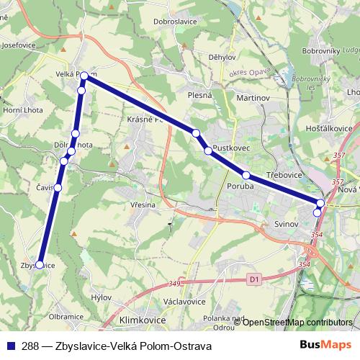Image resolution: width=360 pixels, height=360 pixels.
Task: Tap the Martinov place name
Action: (x=251, y=96)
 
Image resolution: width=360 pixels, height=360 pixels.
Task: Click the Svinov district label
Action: (x=287, y=225)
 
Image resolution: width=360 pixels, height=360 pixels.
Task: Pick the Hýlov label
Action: (x=102, y=297)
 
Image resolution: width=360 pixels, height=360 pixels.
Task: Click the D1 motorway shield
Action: (x=253, y=277)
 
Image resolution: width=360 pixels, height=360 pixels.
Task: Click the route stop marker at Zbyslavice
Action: (x=39, y=265)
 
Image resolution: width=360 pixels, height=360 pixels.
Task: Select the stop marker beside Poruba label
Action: (x=246, y=175)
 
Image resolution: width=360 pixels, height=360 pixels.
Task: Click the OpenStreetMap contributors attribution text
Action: (x=297, y=322)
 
